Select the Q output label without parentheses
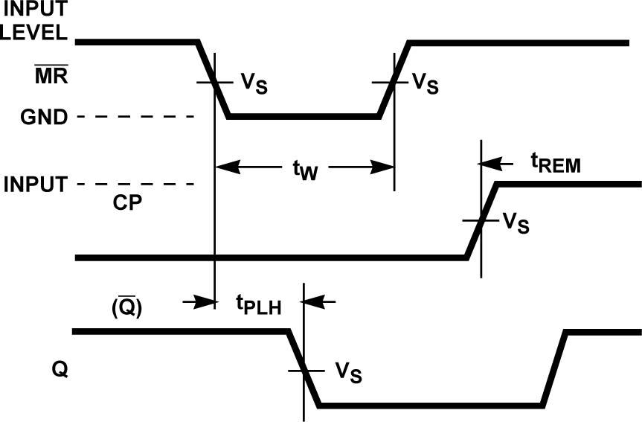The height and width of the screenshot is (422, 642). pyautogui.click(x=60, y=369)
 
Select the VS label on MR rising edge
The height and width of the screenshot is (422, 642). pyautogui.click(x=424, y=83)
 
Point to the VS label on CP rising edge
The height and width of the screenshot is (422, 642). pyautogui.click(x=516, y=223)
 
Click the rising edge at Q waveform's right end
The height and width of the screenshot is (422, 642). pyautogui.click(x=555, y=368)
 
